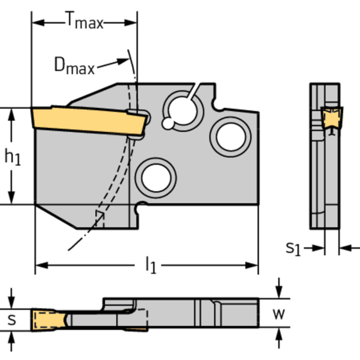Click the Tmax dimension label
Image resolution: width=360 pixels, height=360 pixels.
(84, 21)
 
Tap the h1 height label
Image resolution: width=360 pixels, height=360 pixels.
(13, 157)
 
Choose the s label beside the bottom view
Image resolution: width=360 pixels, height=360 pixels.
(13, 320)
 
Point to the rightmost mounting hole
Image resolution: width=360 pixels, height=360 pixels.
(230, 136)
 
